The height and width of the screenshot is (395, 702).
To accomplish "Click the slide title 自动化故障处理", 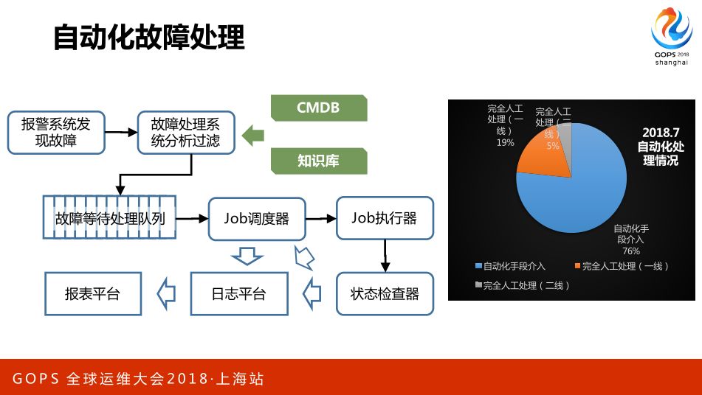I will [x=148, y=37].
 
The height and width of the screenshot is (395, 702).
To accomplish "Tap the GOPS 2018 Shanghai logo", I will [x=671, y=37].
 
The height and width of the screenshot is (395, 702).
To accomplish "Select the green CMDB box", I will [x=318, y=108].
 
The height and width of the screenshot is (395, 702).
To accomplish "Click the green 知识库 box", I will [x=318, y=160].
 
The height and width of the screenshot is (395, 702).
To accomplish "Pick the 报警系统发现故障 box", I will [x=56, y=132].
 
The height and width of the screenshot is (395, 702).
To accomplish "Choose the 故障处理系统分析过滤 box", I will [x=185, y=132].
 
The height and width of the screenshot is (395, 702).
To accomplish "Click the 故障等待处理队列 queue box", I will [x=109, y=218].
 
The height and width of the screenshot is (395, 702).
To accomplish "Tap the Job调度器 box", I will [x=256, y=218].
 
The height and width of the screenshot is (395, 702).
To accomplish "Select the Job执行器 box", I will [x=384, y=218].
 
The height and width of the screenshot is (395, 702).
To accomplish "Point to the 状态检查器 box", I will [x=385, y=294].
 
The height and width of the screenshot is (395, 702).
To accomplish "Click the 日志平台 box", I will [x=238, y=294].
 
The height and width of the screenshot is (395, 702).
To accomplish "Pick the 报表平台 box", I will [x=92, y=294].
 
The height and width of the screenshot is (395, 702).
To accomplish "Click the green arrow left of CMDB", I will [x=253, y=135].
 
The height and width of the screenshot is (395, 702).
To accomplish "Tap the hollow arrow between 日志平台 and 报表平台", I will [x=167, y=294].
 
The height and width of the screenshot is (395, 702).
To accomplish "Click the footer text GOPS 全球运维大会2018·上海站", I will [x=138, y=380].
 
